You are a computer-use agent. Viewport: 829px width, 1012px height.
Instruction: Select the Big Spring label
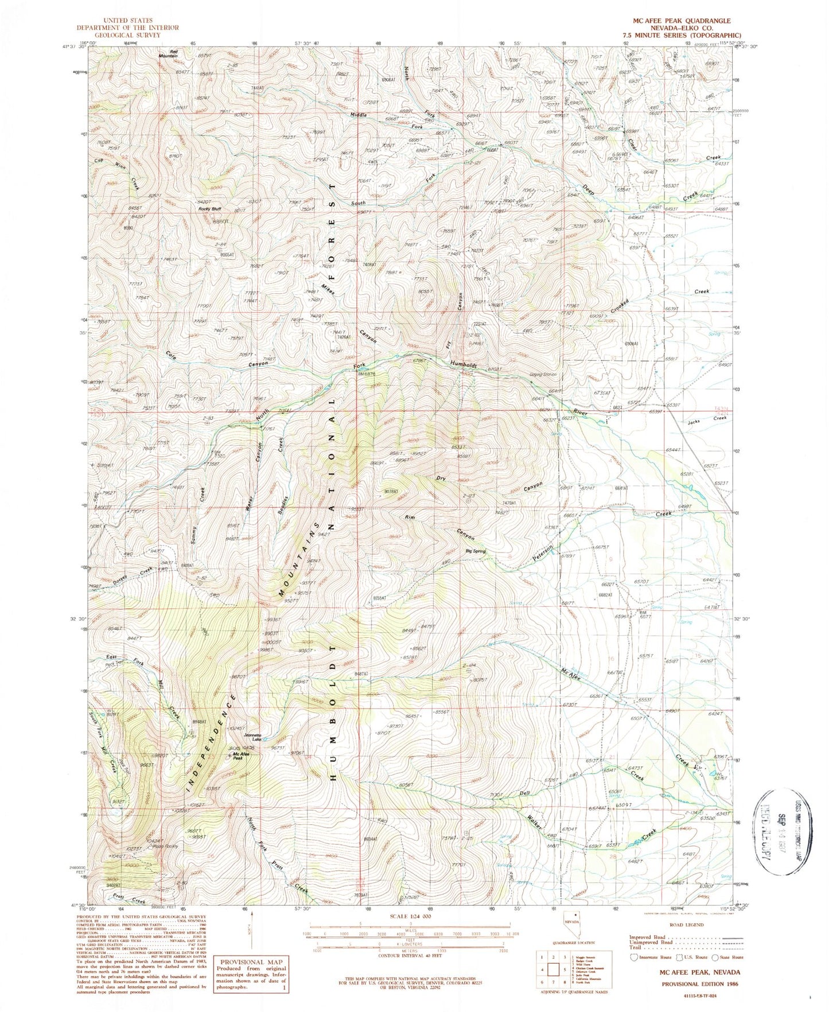point(475,551)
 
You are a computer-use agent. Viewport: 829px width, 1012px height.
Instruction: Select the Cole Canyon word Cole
point(170,355)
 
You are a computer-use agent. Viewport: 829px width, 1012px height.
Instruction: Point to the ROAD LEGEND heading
point(684,925)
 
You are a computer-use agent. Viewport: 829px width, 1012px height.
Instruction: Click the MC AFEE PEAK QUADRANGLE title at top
point(682,20)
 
